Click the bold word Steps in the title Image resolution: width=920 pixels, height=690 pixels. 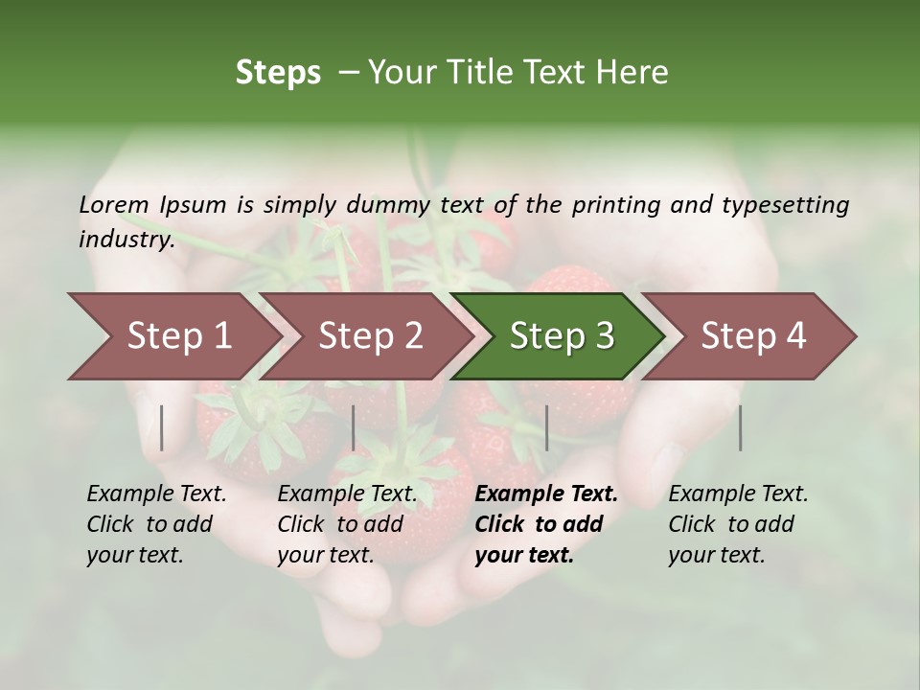[278, 73]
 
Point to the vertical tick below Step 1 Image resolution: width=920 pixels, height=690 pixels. [162, 427]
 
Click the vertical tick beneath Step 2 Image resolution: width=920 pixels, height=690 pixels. [354, 427]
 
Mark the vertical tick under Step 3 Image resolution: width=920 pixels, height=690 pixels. [546, 427]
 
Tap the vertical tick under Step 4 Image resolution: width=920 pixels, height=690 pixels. [740, 427]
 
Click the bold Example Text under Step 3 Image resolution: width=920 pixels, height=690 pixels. [546, 494]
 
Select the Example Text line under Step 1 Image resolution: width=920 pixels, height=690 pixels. [156, 494]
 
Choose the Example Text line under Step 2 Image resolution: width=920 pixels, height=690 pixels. [347, 494]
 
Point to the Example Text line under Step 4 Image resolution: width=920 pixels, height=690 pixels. [738, 494]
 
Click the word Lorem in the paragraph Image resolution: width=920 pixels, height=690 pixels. [114, 205]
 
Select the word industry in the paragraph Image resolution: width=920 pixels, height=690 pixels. [126, 240]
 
